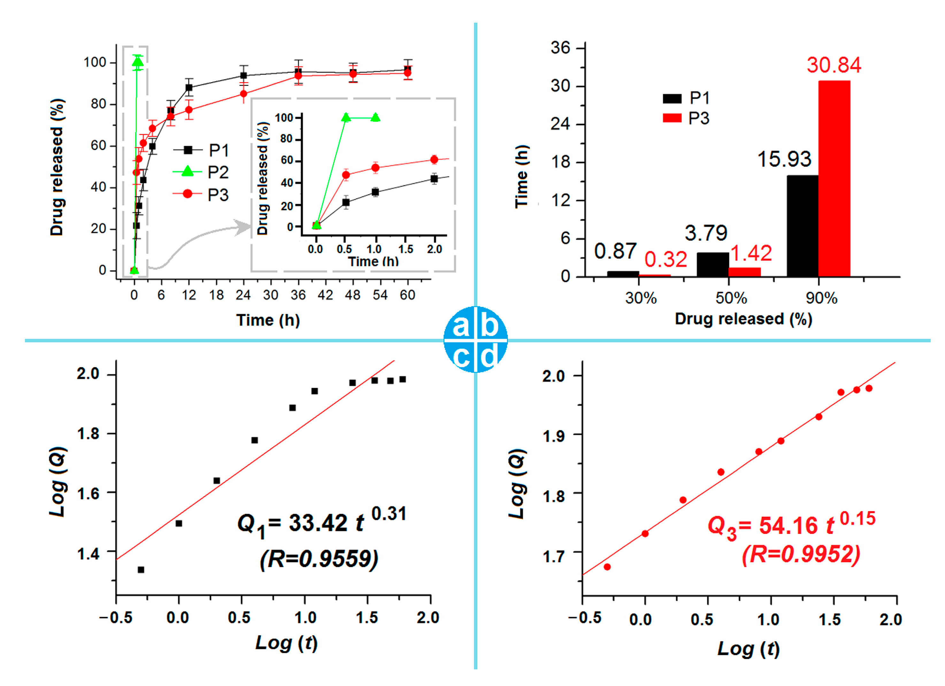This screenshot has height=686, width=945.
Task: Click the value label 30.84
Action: coord(834,65)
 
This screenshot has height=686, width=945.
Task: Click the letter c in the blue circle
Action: coord(461,356)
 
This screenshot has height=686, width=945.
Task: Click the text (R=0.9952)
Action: coord(801,554)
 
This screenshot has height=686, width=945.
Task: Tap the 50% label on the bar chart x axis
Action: coord(731,298)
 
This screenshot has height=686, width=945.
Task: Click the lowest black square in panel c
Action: coord(141,569)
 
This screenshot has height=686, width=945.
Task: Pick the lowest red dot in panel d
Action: coord(607,567)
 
